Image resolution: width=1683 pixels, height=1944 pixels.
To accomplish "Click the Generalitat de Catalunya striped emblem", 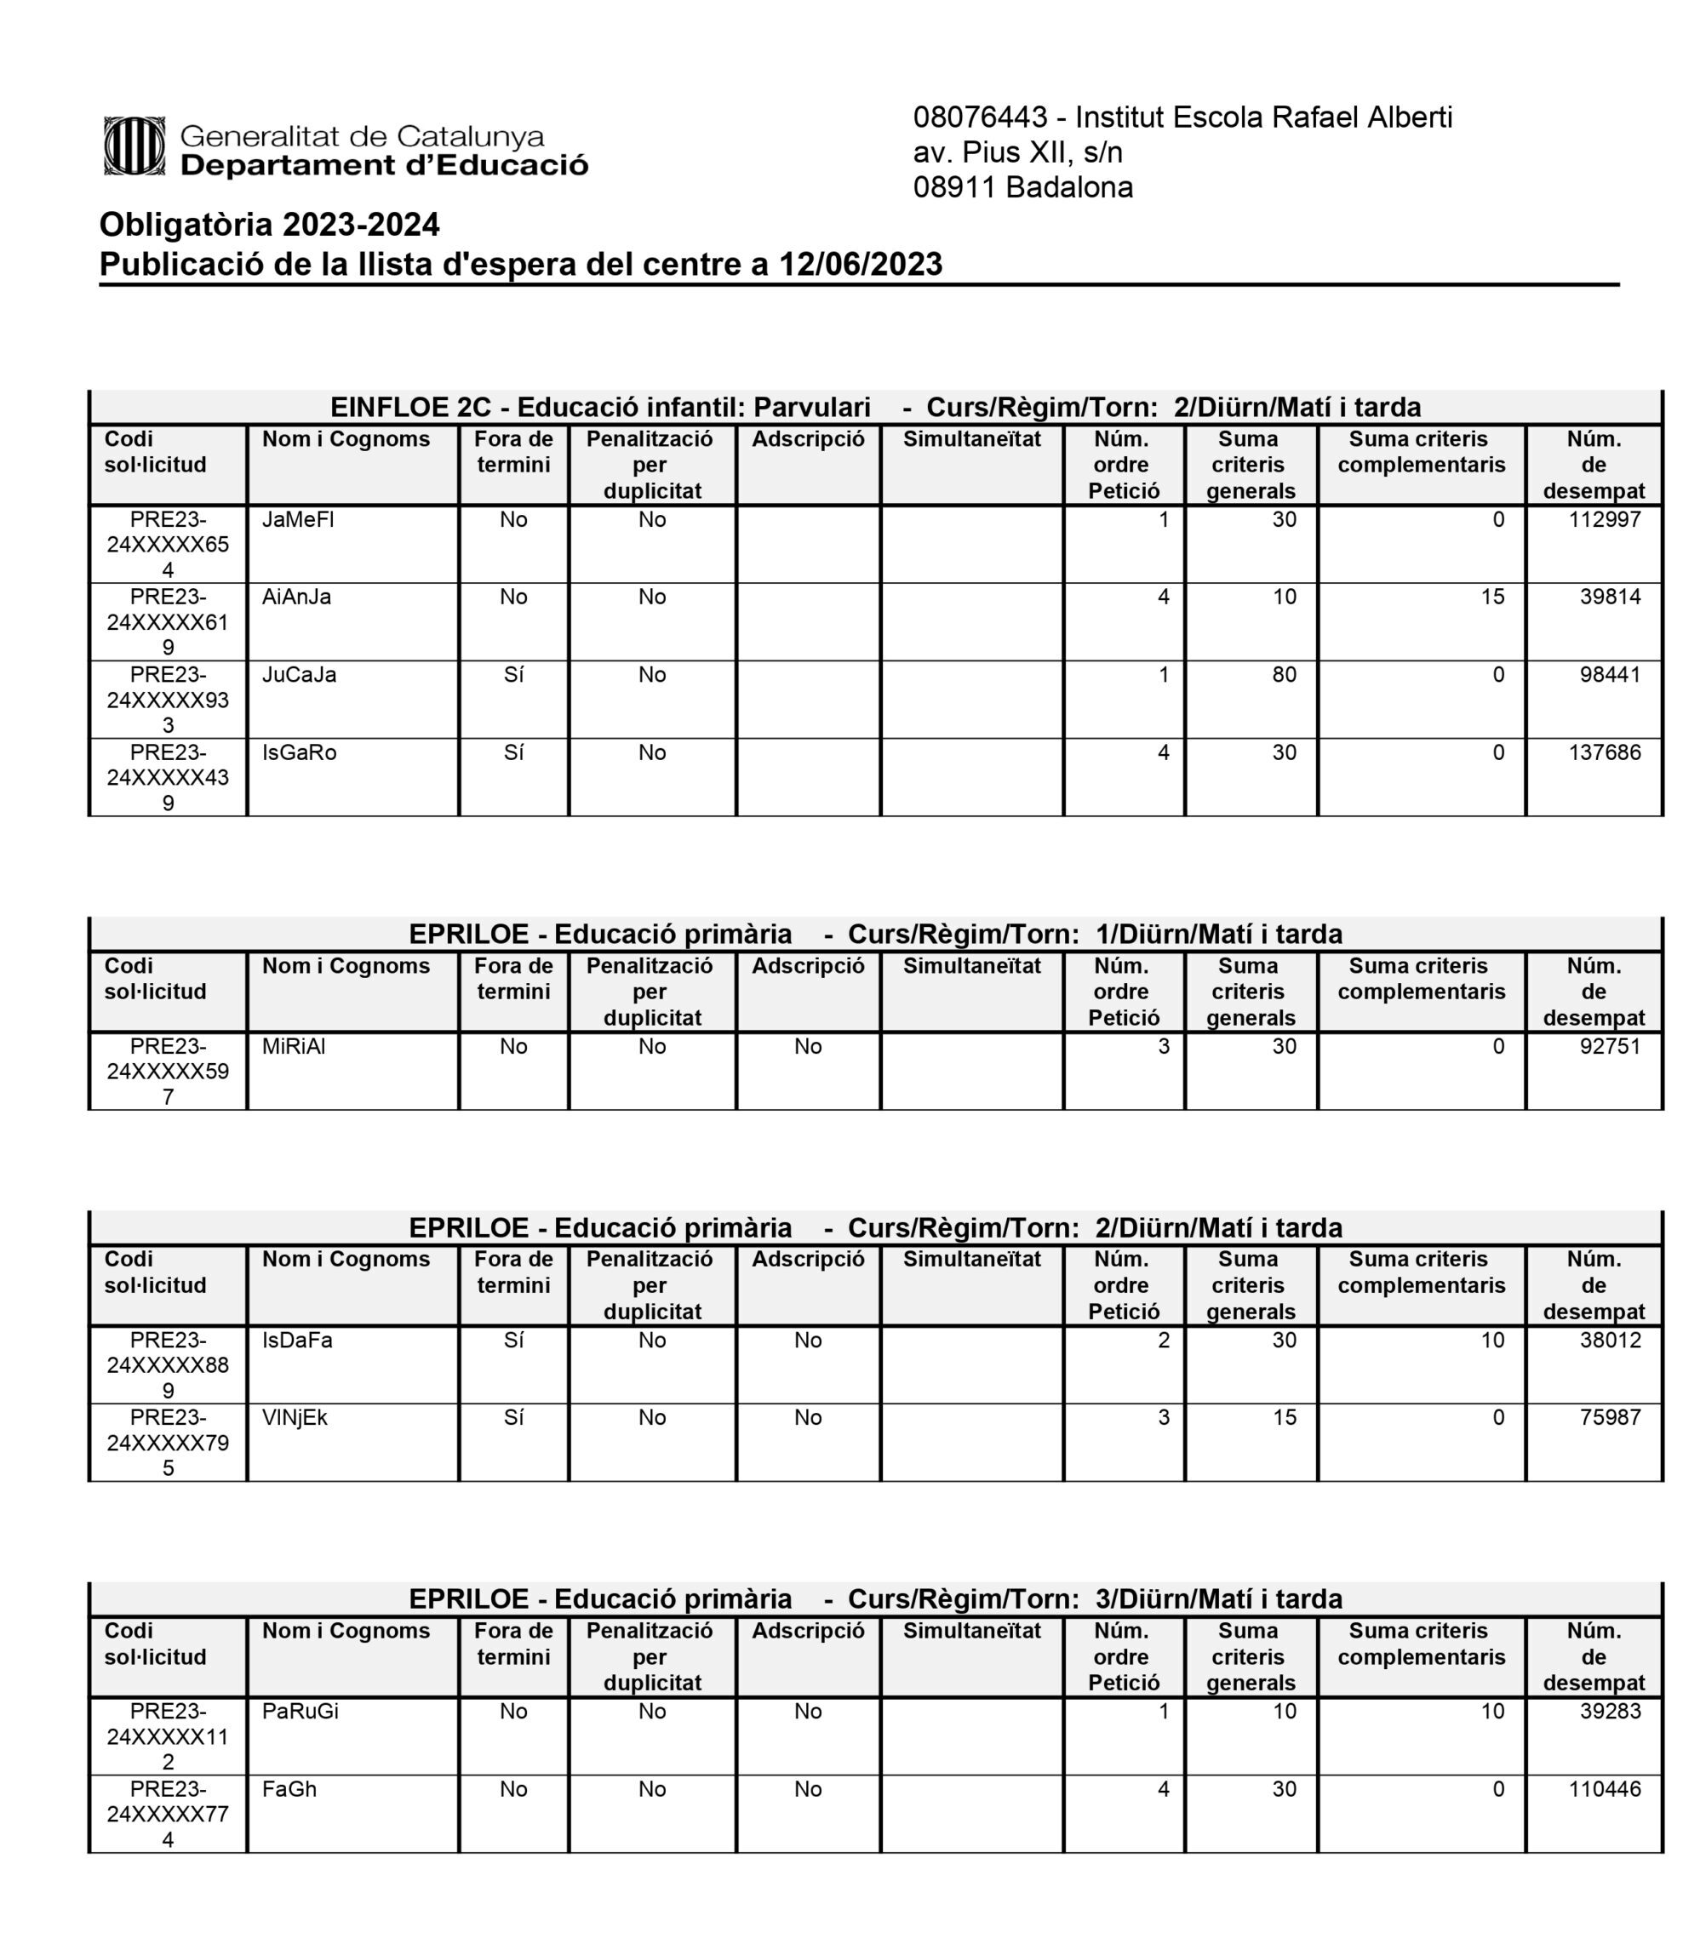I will [x=135, y=146].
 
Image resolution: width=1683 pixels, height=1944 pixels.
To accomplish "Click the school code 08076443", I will [x=980, y=117].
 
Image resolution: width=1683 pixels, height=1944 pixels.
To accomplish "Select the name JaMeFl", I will [x=298, y=520].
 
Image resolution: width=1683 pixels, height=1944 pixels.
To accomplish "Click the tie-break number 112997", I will [x=1604, y=520].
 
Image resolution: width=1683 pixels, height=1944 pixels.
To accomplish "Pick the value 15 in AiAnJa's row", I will [x=1492, y=597].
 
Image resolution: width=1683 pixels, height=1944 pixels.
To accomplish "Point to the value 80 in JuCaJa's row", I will [x=1284, y=675].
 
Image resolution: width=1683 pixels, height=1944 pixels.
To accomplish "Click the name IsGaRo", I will [x=299, y=753].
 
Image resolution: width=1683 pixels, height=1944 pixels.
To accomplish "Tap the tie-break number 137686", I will [x=1604, y=753].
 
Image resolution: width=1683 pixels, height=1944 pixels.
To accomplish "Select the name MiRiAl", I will [x=294, y=1047].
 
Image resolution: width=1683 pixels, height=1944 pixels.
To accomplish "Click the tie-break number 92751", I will [x=1610, y=1047].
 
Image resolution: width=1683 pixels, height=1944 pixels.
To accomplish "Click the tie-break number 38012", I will [x=1610, y=1341].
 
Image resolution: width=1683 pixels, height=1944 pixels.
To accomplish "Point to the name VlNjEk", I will [x=295, y=1418].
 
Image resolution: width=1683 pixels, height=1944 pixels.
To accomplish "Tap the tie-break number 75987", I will [x=1610, y=1418].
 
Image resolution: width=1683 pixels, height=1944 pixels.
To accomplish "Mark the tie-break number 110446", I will [x=1604, y=1789].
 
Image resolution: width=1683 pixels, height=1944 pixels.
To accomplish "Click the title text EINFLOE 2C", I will [x=410, y=408].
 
